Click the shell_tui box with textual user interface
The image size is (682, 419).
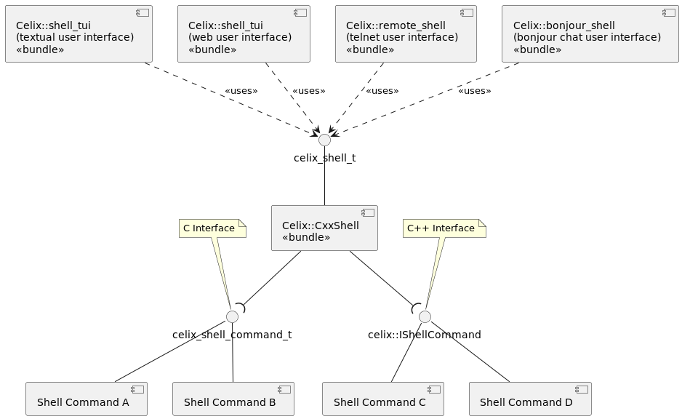79,34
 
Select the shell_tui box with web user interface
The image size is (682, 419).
244,34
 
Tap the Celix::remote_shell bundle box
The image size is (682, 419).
405,34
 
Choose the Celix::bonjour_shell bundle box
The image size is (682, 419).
590,34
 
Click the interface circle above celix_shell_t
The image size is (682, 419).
324,140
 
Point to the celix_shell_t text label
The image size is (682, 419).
324,158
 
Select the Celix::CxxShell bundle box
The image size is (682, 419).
324,228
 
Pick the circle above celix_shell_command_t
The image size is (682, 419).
232,316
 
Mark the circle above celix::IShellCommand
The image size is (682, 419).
425,316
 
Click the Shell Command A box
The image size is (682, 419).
87,399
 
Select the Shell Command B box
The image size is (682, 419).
233,399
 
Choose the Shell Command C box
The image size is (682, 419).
383,399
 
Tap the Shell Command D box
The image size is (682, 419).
530,399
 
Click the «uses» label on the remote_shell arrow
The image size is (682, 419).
382,91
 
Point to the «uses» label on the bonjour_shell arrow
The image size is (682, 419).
474,91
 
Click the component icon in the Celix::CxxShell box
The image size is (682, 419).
367,213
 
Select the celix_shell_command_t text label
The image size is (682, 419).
232,335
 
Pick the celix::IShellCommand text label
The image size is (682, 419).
425,335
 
